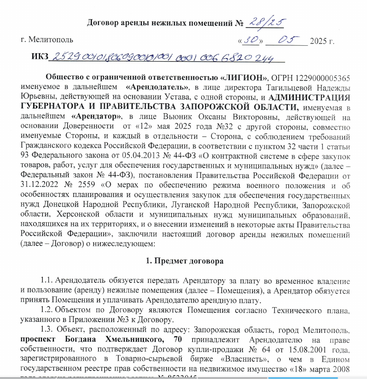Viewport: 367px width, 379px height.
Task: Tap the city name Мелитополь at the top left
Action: pyautogui.click(x=48, y=41)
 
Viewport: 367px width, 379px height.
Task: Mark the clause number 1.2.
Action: pyautogui.click(x=47, y=309)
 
